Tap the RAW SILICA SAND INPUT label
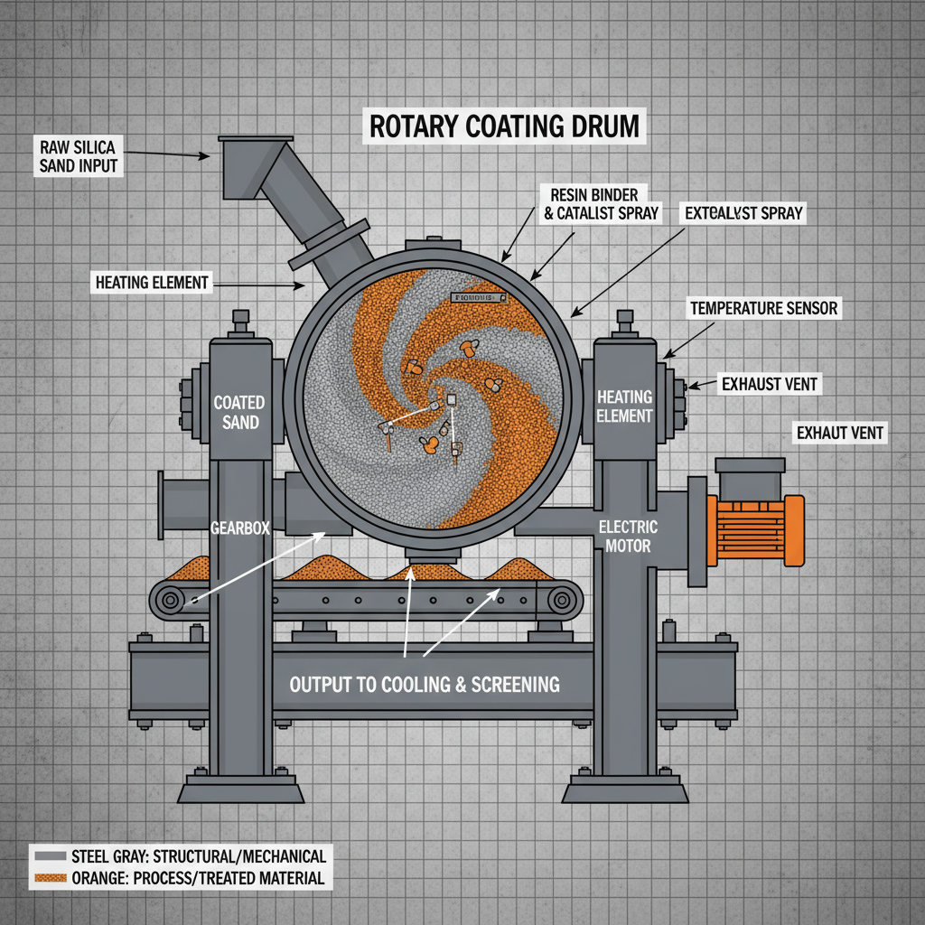pyautogui.click(x=79, y=155)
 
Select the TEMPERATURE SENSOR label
pyautogui.click(x=763, y=309)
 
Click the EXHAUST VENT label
pyautogui.click(x=769, y=384)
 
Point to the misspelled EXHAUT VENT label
pyautogui.click(x=839, y=434)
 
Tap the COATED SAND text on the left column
pyautogui.click(x=239, y=412)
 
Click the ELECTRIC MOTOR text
pyautogui.click(x=628, y=537)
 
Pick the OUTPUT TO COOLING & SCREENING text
pyautogui.click(x=425, y=684)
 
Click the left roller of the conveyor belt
pyautogui.click(x=168, y=599)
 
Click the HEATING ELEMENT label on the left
pyautogui.click(x=152, y=283)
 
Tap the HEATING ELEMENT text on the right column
pyautogui.click(x=624, y=406)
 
